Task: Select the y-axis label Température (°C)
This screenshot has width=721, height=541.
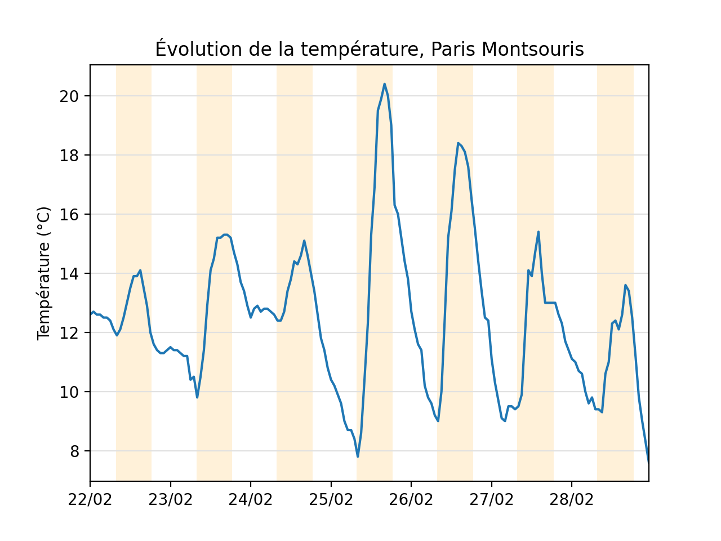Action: [44, 273]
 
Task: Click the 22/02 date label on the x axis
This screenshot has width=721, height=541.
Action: [90, 499]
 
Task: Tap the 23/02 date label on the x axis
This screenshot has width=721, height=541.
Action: [171, 499]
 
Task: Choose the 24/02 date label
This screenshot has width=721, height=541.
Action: [251, 499]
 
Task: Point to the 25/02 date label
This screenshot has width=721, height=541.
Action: [331, 499]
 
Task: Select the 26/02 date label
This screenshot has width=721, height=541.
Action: [411, 499]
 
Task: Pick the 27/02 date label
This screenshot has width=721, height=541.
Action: [492, 499]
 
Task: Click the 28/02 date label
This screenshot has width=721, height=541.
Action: [572, 499]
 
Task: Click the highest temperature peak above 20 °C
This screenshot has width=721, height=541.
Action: [385, 84]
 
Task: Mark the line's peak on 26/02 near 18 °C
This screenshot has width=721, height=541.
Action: [459, 143]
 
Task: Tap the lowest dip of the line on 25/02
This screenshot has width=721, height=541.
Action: [358, 456]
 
